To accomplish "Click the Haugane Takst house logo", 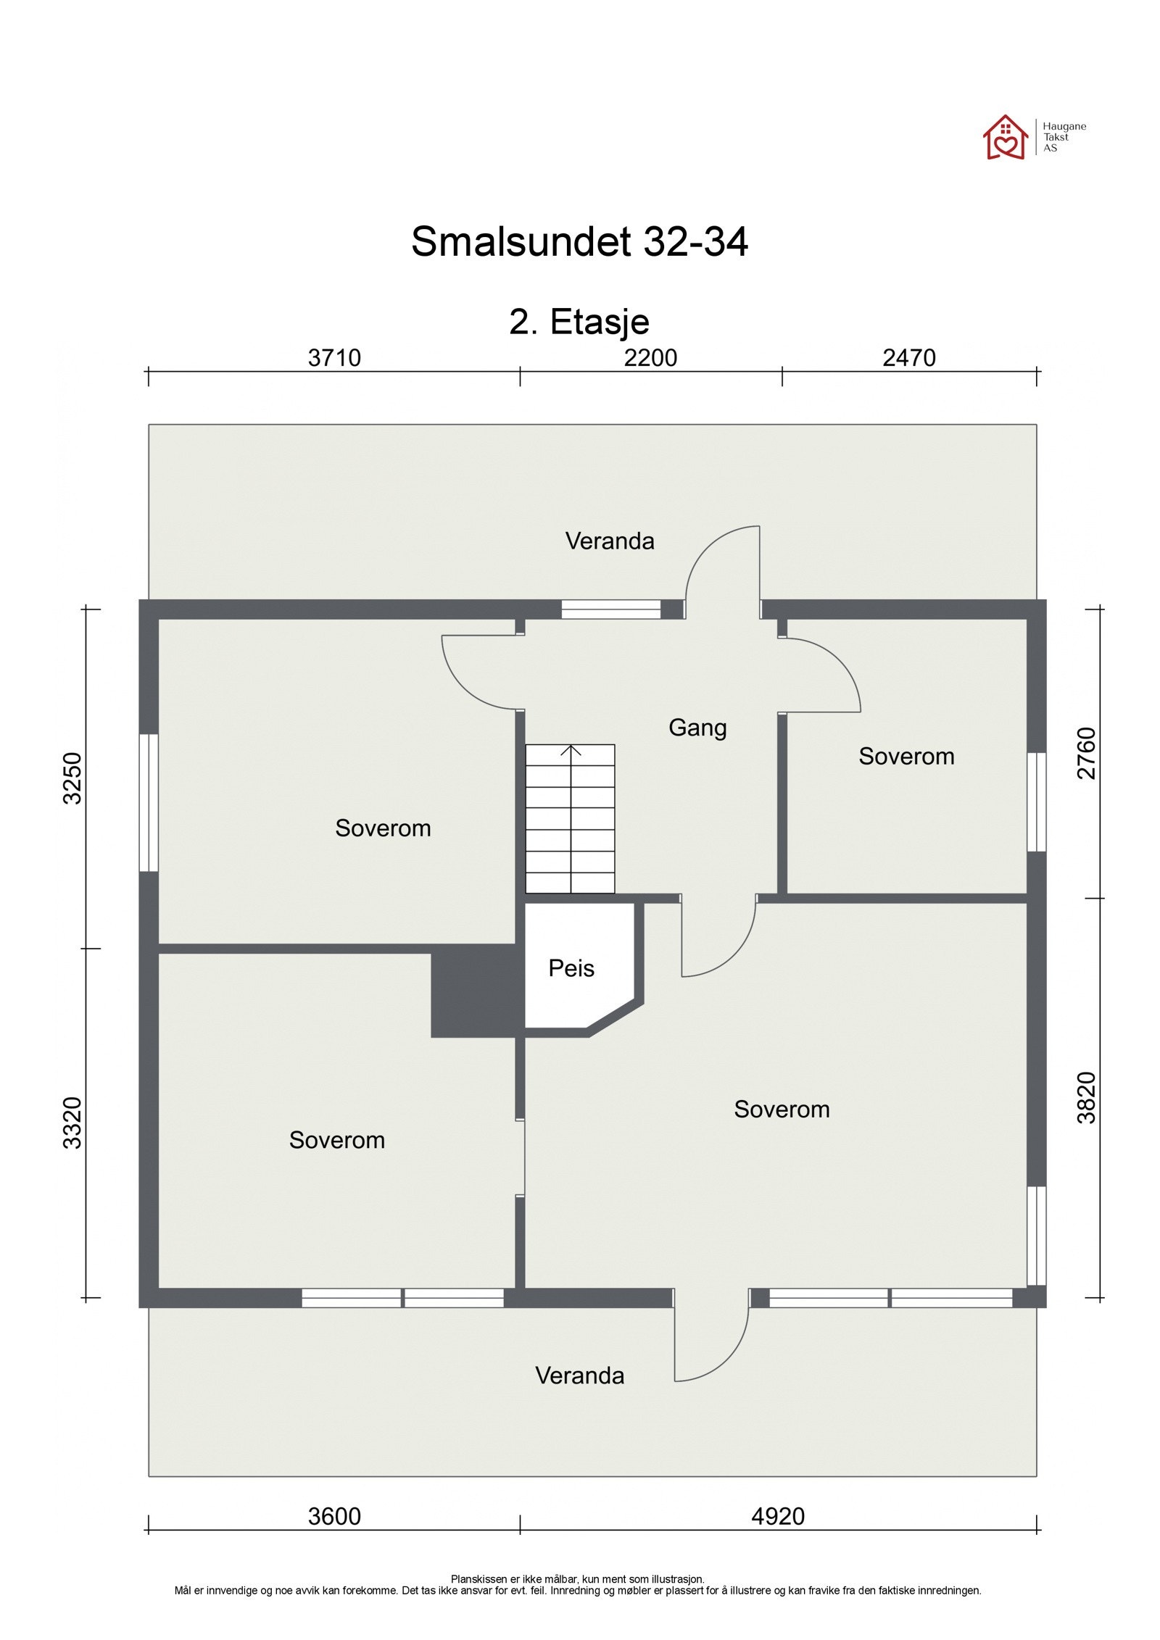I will click(x=1005, y=137).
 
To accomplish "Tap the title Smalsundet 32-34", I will click(x=579, y=241).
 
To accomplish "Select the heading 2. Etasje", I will click(x=579, y=322).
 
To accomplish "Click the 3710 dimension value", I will click(x=334, y=358).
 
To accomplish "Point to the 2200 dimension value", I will click(x=650, y=358).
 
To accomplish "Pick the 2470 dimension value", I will click(x=908, y=358).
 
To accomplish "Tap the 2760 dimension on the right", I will click(x=1087, y=753).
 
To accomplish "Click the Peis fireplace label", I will click(x=571, y=968).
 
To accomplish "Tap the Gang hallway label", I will click(x=697, y=728).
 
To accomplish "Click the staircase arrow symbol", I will click(x=571, y=751).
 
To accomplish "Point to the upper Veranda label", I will click(x=610, y=541).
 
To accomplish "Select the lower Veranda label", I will click(x=579, y=1375).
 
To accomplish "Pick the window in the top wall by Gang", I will click(x=610, y=609).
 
